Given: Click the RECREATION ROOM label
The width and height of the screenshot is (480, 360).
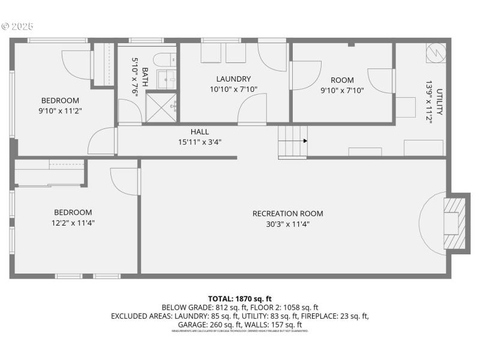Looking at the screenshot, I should [x=287, y=214].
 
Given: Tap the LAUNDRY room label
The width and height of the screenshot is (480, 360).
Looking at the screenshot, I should [x=233, y=79].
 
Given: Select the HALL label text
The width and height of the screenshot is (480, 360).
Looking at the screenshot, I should [x=200, y=132].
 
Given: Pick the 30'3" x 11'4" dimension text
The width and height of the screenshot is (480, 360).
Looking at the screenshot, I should [x=287, y=224].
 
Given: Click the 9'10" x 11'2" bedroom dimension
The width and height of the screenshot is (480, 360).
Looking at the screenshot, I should [x=60, y=110].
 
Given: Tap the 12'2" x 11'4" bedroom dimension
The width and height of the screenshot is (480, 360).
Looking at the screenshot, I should [x=73, y=223].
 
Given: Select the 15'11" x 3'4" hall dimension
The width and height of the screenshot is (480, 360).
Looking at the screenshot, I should [x=200, y=142].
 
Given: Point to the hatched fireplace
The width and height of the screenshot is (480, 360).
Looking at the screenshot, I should [x=454, y=223].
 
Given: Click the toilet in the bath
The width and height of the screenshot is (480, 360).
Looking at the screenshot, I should [x=163, y=59].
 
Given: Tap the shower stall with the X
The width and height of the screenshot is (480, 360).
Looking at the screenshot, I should [x=160, y=108].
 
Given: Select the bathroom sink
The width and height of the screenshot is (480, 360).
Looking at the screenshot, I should [x=166, y=79].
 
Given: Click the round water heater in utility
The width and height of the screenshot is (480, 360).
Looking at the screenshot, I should [x=435, y=53].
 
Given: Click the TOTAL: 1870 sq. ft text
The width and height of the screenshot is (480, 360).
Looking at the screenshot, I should [x=240, y=298].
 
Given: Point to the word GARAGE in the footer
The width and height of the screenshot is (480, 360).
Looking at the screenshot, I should [x=190, y=325].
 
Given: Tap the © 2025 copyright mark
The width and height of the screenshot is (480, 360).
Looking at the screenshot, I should [x=17, y=26].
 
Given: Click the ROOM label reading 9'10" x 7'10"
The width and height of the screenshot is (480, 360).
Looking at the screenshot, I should [x=342, y=80].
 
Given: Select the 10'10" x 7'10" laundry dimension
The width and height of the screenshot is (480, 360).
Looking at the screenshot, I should [x=233, y=90].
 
